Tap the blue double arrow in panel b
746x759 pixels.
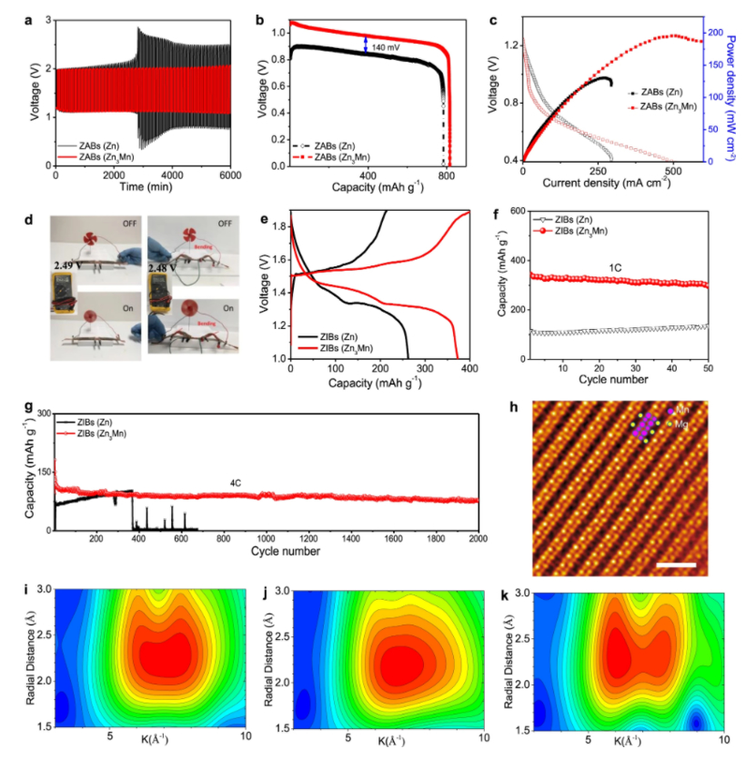click(366, 45)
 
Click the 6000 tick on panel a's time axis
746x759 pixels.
click(230, 174)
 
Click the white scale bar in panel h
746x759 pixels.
click(675, 564)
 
